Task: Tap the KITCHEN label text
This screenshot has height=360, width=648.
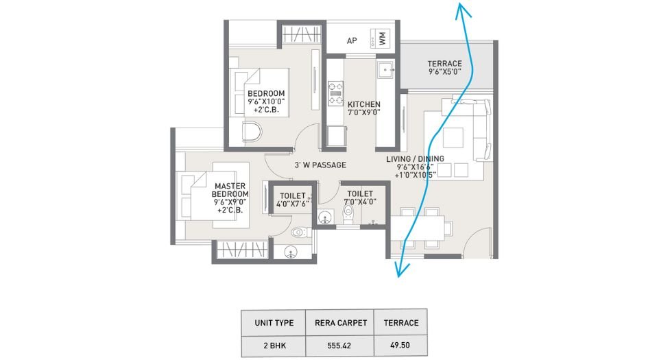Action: point(363,105)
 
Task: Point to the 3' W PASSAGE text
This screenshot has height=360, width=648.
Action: point(320,165)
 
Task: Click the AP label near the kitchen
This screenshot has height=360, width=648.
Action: point(352,41)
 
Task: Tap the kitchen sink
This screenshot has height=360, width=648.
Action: point(385,69)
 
